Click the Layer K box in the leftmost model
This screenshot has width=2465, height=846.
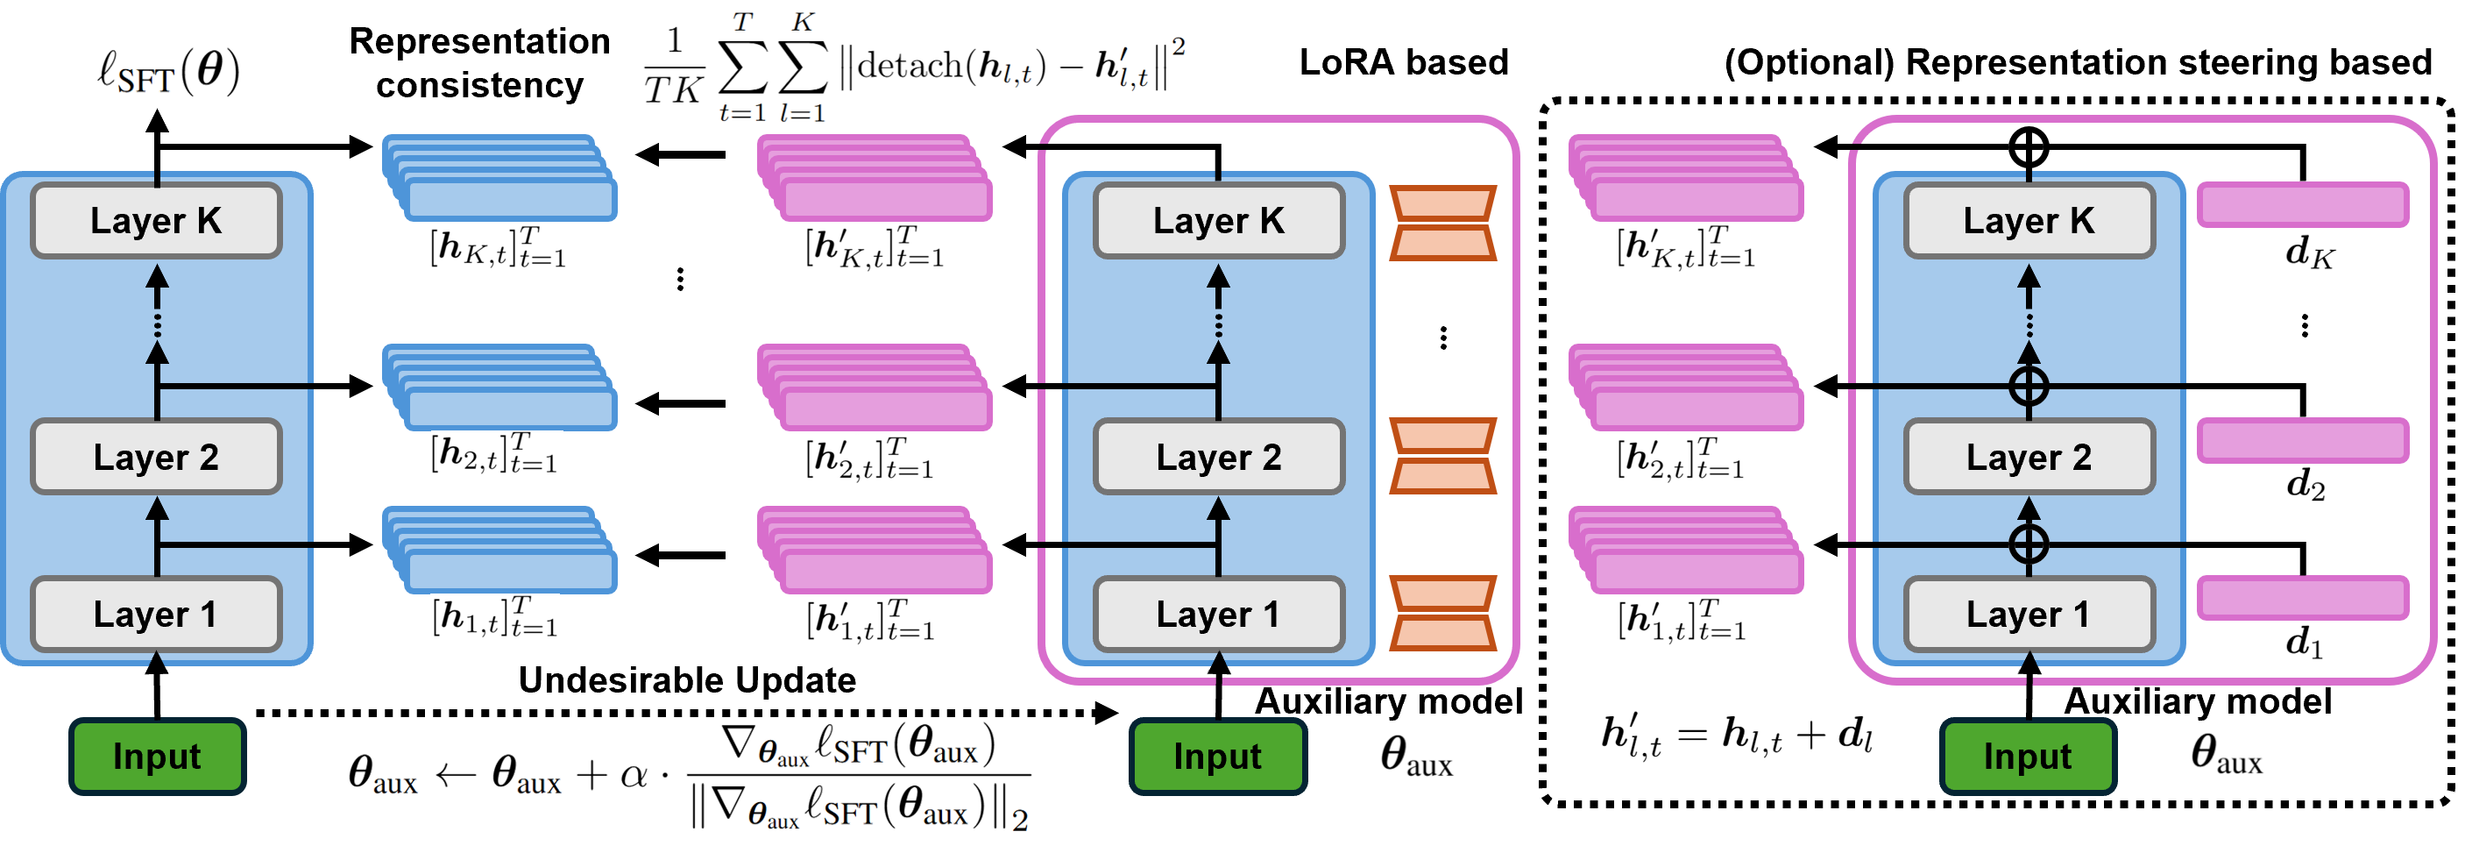[x=156, y=221]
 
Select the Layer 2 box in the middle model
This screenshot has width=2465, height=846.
[x=1218, y=457]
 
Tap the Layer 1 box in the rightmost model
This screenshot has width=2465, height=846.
[x=2028, y=615]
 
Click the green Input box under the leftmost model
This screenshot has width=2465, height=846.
[x=157, y=756]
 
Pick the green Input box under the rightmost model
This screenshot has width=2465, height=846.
[x=2027, y=756]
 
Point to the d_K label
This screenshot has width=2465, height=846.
[x=2309, y=252]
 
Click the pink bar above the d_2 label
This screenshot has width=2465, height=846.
[x=2302, y=440]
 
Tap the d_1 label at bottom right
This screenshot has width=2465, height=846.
[x=2303, y=641]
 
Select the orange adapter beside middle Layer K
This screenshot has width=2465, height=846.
[x=1442, y=223]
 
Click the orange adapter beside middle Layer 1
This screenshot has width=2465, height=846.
[x=1442, y=614]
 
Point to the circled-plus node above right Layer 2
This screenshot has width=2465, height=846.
[x=2029, y=387]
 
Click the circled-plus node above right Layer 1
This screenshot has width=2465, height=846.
[x=2029, y=544]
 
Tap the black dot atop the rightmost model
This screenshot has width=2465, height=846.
[x=2026, y=146]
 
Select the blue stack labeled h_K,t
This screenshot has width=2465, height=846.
[x=500, y=179]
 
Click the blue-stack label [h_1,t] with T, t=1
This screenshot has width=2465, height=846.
[x=495, y=617]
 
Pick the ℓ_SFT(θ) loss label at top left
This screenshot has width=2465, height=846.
[x=168, y=73]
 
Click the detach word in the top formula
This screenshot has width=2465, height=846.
[x=909, y=66]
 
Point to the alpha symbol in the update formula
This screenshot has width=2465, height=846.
[x=634, y=774]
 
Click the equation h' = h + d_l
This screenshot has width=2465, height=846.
[x=1736, y=735]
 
